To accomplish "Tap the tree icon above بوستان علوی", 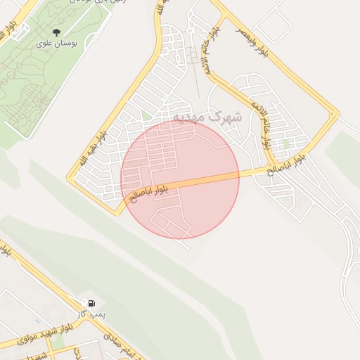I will pos(56,32).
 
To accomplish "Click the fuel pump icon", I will pos(91,304).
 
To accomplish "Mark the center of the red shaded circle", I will pos(180,179).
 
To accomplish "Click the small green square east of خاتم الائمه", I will pos(286,143).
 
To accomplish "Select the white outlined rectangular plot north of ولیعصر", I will pos(273,23).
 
